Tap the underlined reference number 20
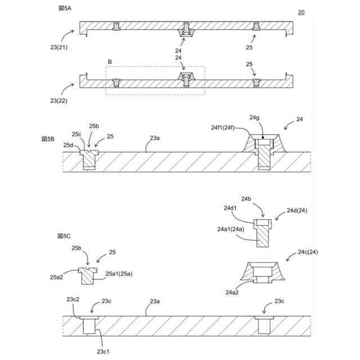point(301,12)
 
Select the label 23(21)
point(58,47)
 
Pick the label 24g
point(254,118)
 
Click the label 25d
point(68,145)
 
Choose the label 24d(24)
point(296,210)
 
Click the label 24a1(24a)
point(230,229)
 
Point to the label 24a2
point(233,292)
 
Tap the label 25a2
point(56,277)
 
